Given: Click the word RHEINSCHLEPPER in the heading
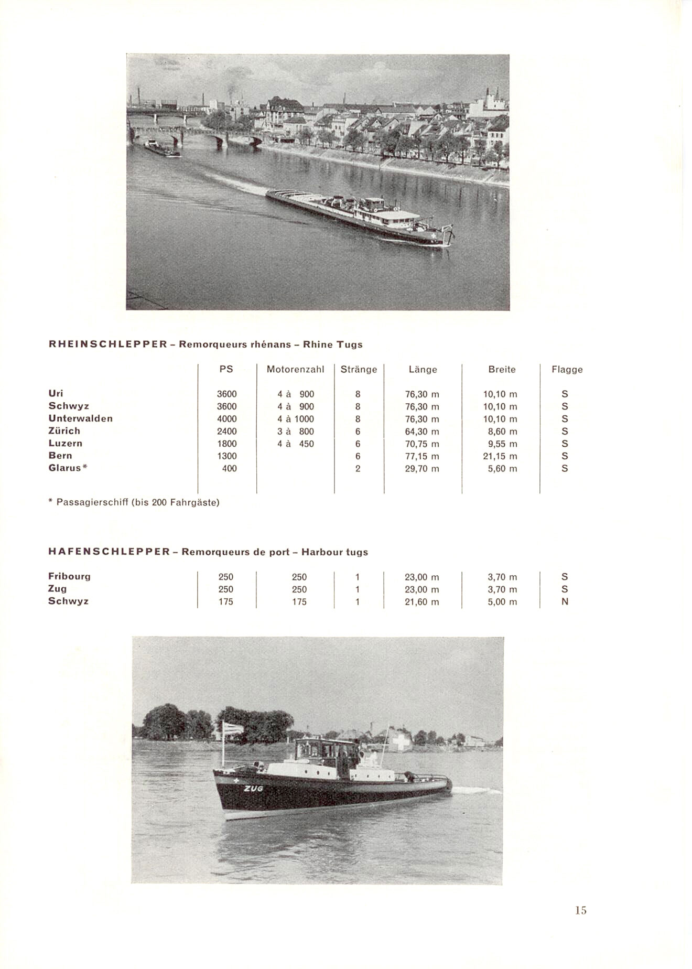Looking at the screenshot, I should point(107,344).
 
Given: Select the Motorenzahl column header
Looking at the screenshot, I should point(295,369).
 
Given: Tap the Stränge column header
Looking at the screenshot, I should point(359,369).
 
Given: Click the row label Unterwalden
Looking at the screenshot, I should point(80,418).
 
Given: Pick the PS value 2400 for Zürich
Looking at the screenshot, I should point(226,431).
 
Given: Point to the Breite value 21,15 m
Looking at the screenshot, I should point(500,456).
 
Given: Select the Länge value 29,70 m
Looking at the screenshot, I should point(421,468).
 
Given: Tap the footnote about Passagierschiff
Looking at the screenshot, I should point(134,502).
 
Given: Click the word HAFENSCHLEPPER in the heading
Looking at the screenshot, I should point(109,552).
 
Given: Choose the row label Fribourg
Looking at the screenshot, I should point(69,576).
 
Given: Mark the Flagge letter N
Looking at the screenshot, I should point(565,601).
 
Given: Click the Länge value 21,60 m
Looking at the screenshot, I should point(421,601).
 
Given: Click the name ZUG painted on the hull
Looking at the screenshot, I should point(253,788).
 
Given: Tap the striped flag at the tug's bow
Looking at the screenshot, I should point(233,729).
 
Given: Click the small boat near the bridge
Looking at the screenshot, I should point(161,148).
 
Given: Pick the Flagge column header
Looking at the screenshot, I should point(567,369).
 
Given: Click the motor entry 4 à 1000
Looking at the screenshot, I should point(296,418).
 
